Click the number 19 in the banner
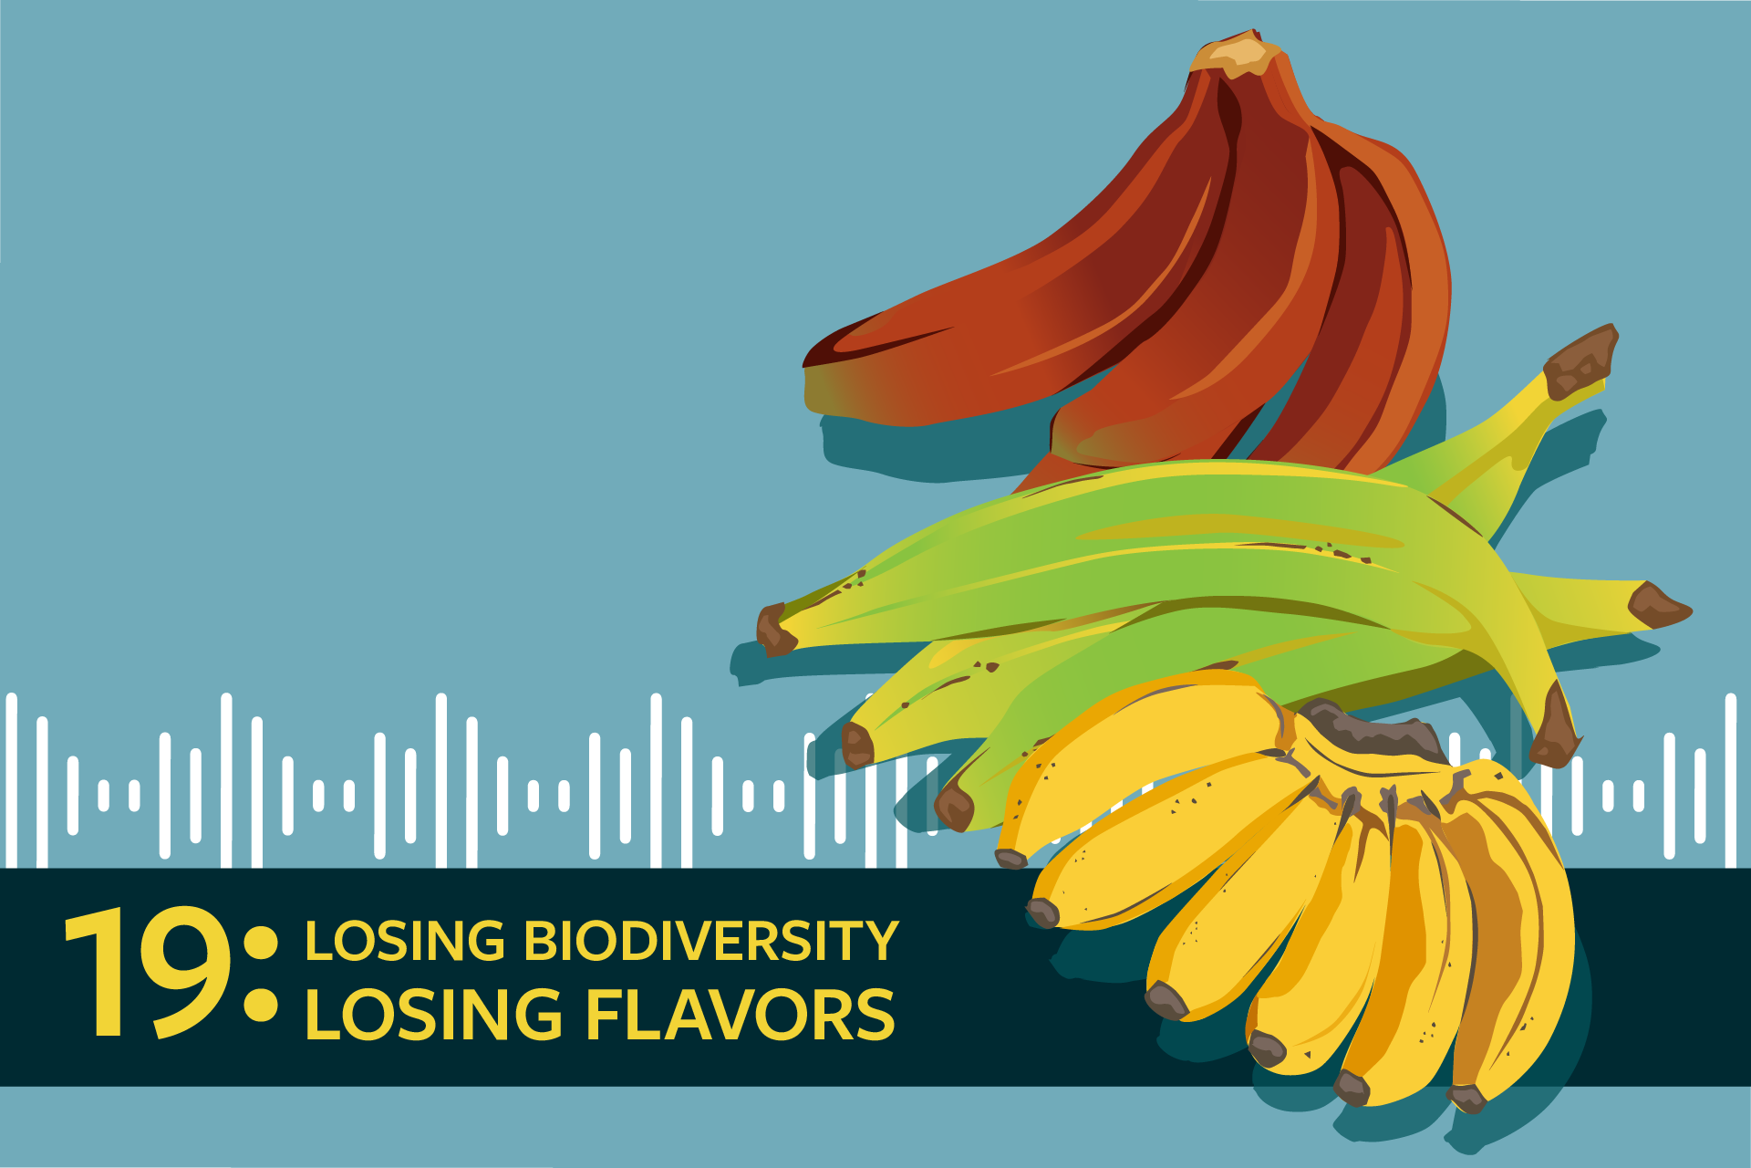pos(147,973)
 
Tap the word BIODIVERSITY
pos(711,941)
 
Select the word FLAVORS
pos(740,1015)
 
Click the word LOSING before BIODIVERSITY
pos(405,941)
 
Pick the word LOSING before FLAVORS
pos(434,1015)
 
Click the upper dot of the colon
pos(262,943)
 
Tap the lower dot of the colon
pos(262,1005)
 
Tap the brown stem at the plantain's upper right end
pos(1580,362)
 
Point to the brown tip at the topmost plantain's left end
pos(774,630)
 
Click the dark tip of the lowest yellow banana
pos(1467,1099)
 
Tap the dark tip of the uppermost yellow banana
pos(1010,859)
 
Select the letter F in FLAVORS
pos(603,1015)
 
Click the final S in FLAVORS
pos(875,1015)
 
